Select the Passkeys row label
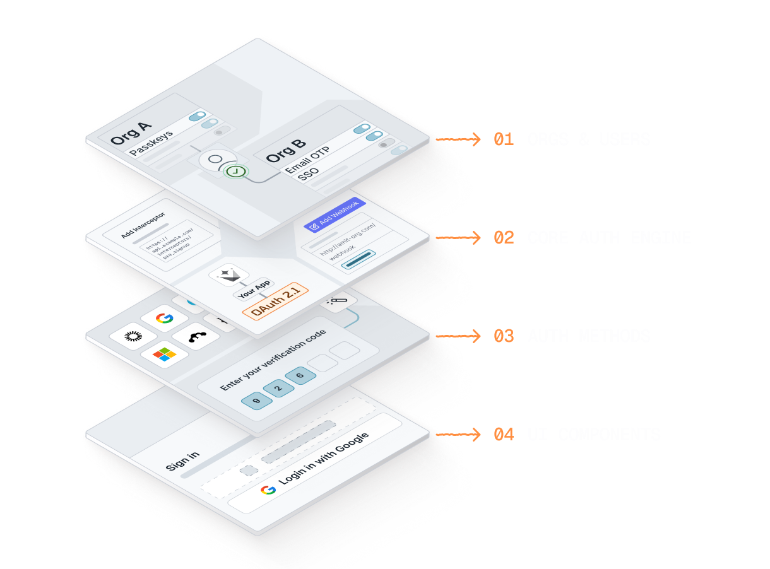(151, 143)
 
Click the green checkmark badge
(235, 171)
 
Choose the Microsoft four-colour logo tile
(164, 355)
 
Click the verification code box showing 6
(300, 376)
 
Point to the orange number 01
(504, 139)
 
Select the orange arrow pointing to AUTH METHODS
(459, 336)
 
